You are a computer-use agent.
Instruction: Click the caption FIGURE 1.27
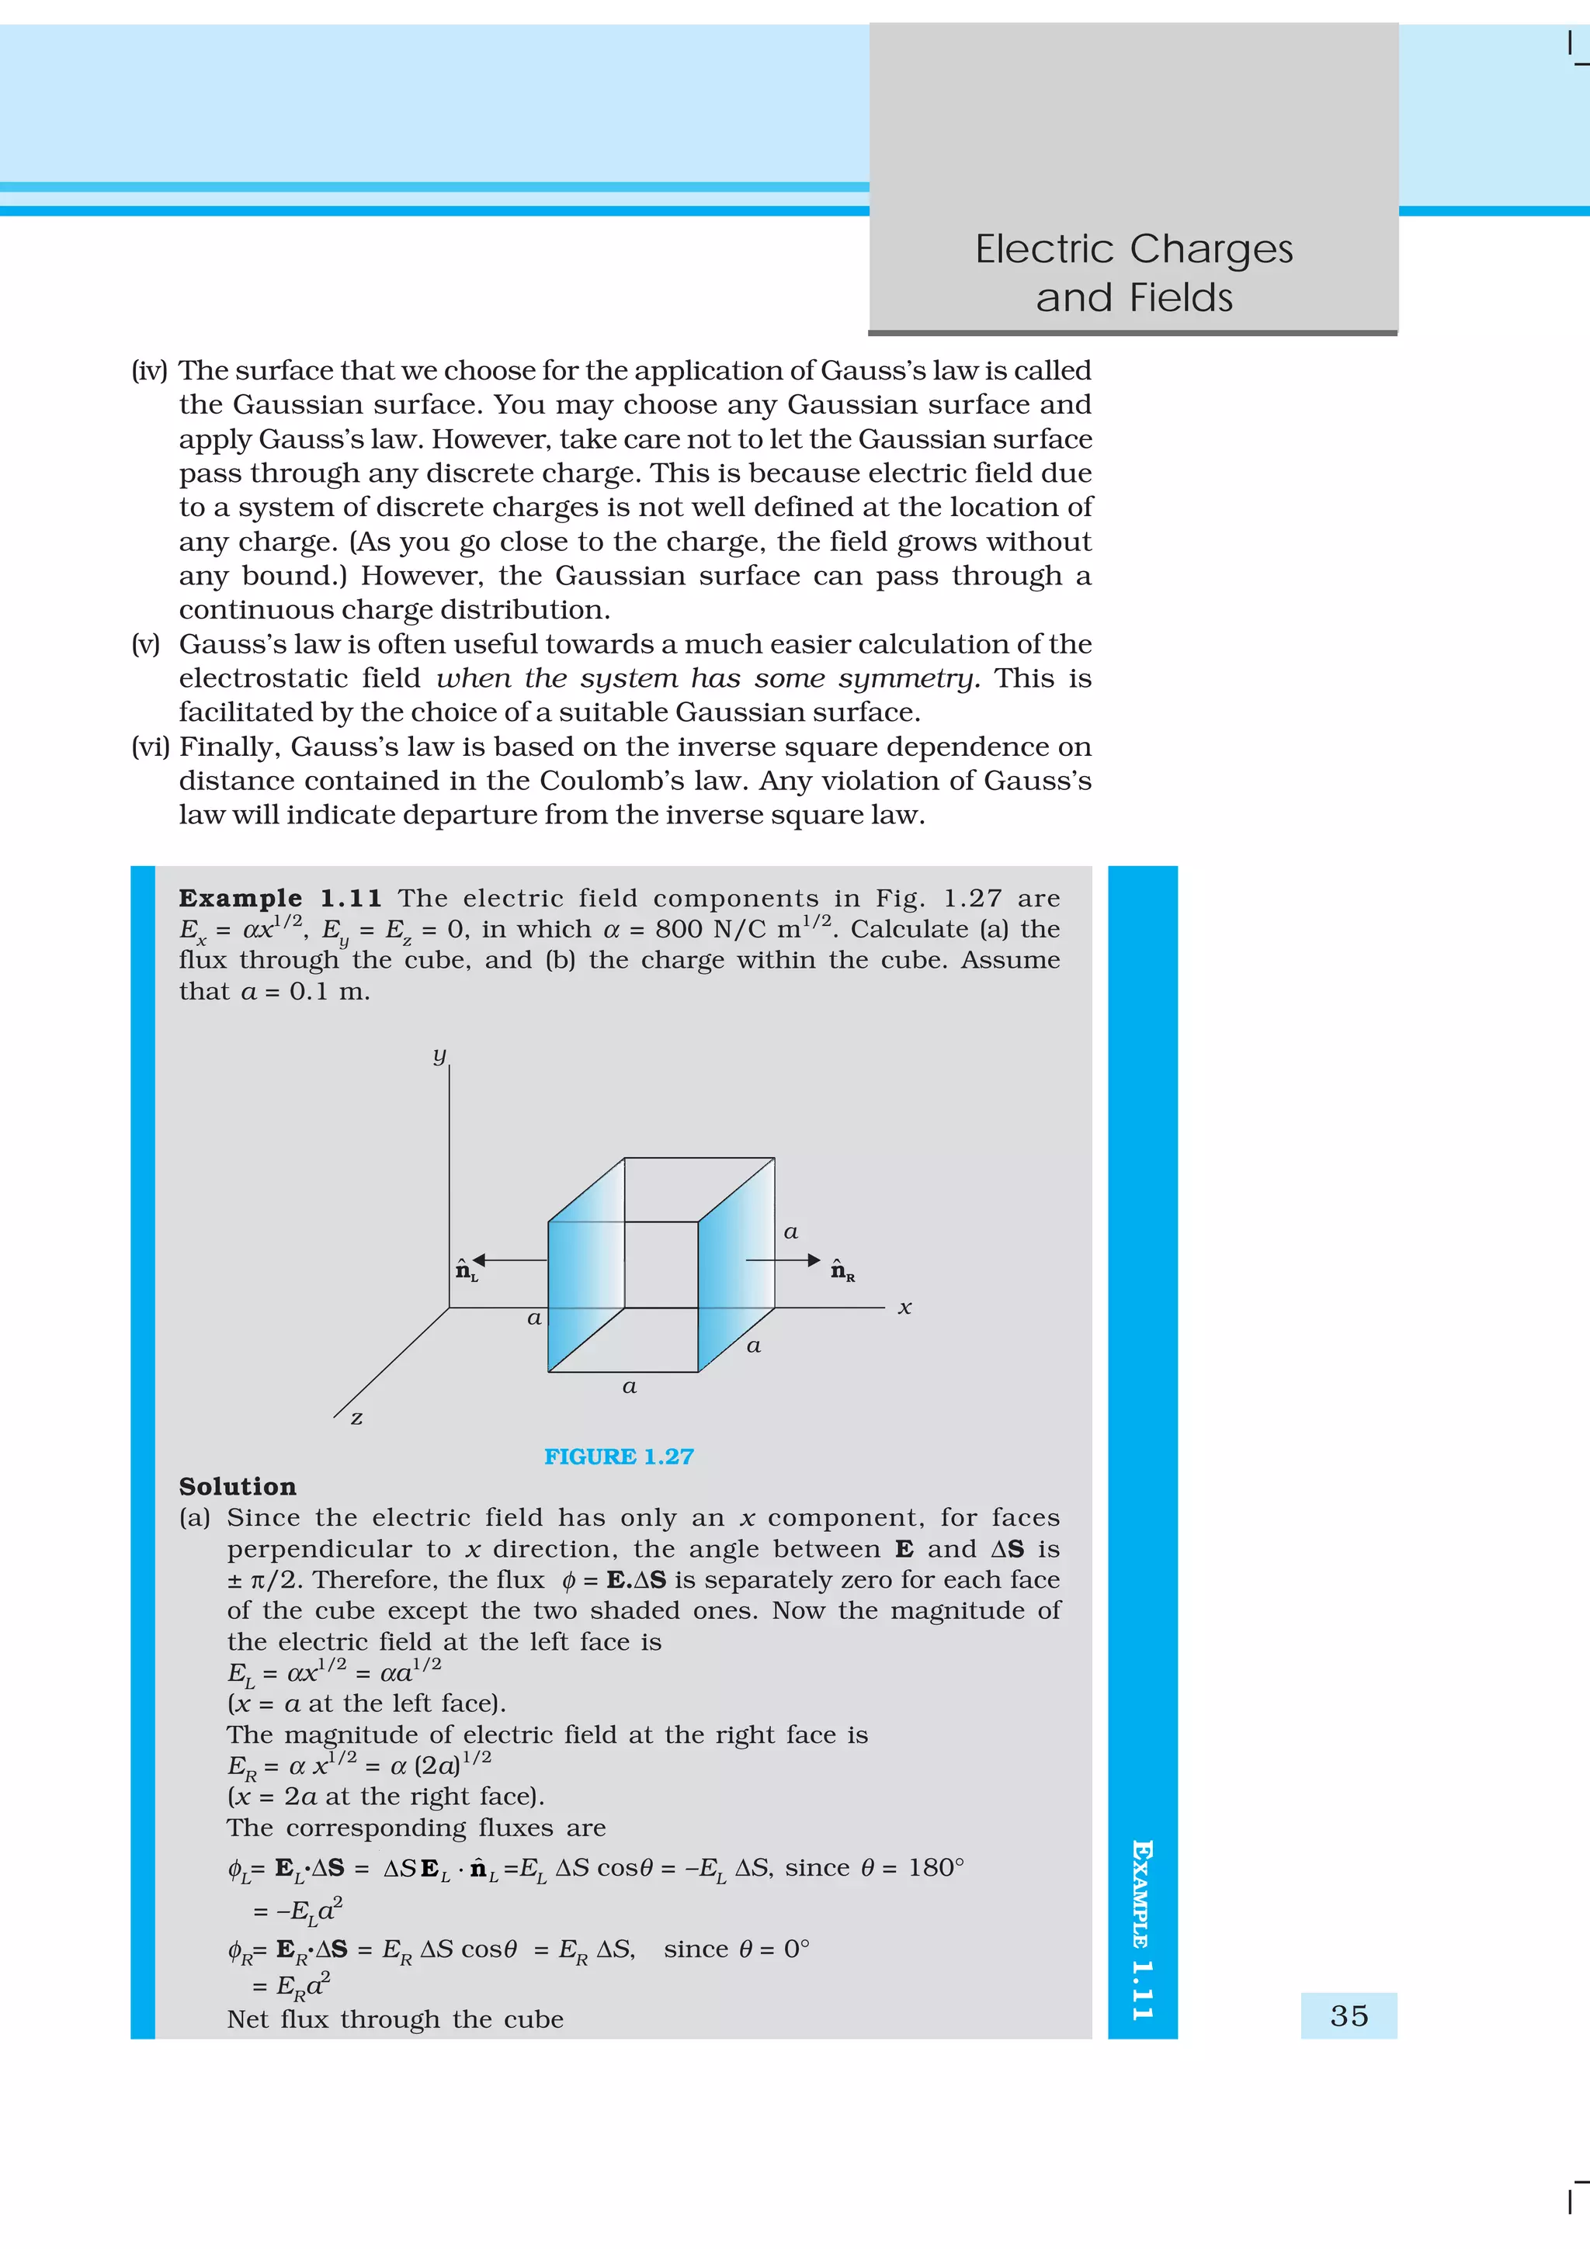pos(618,1457)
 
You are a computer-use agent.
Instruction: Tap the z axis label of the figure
pos(356,1417)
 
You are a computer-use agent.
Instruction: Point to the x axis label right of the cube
pos(904,1308)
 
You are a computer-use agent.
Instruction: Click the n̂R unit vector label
pos(842,1270)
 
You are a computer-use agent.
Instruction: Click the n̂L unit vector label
pos(467,1271)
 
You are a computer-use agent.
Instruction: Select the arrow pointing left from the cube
pos(509,1260)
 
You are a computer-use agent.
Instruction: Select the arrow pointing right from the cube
pos(783,1260)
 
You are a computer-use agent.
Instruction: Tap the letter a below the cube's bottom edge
pos(629,1386)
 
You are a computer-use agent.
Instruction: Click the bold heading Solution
pos(237,1487)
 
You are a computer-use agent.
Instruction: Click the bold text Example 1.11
pos(280,898)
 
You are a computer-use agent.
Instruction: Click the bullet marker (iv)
pos(149,371)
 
